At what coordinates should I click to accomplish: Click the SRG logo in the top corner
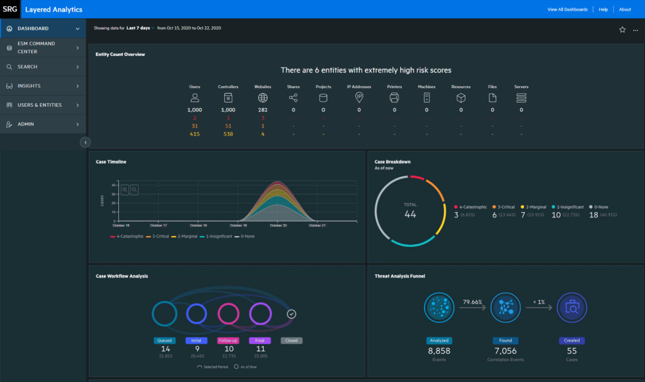coord(10,9)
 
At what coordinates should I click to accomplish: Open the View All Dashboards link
coord(568,9)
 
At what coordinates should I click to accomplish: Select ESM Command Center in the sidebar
coord(37,48)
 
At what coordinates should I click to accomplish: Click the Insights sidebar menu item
coord(29,86)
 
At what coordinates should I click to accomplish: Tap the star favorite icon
coord(622,30)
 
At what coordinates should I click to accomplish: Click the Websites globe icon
coord(263,98)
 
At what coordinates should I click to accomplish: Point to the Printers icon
coord(394,98)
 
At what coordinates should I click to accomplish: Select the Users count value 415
coord(195,133)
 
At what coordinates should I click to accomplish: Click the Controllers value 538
coord(228,133)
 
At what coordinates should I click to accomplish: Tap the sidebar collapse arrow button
coord(86,142)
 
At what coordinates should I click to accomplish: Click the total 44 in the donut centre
coord(410,214)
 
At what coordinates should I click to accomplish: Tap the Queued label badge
coord(165,340)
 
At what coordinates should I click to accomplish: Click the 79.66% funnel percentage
coord(473,301)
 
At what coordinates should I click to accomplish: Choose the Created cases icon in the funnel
coord(571,308)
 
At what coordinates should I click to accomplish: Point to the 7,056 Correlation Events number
coord(505,351)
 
